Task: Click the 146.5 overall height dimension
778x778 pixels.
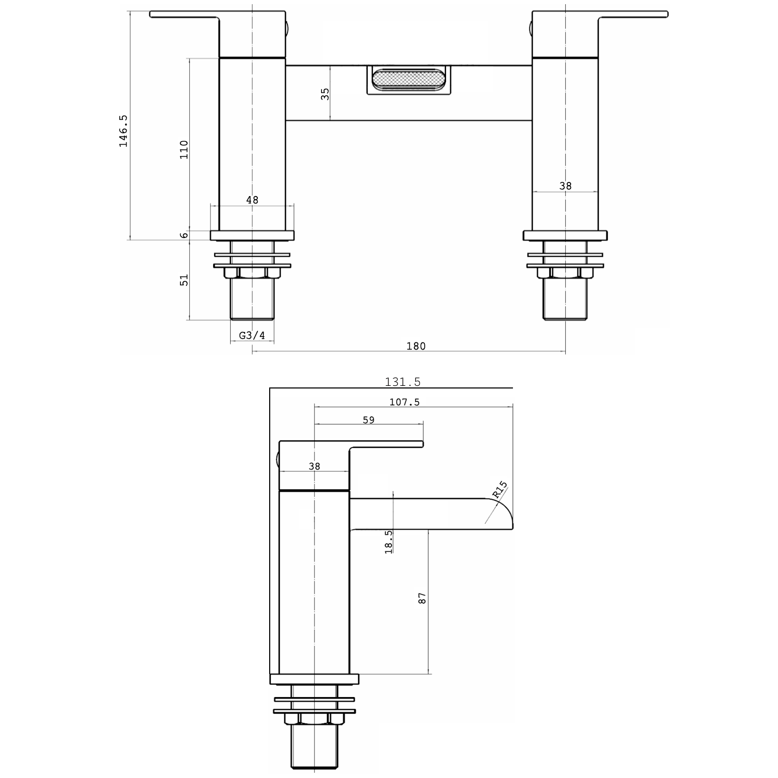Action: point(123,131)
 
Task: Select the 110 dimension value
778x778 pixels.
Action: point(184,149)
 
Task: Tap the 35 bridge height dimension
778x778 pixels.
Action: point(325,94)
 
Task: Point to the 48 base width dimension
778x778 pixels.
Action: point(252,200)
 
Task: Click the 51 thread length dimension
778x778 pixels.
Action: point(184,280)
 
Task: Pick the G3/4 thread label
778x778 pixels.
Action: point(252,336)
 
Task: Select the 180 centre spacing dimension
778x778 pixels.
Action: point(415,346)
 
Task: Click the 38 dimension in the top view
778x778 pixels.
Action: point(565,186)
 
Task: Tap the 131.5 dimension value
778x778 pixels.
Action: point(402,382)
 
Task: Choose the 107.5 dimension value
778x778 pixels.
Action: point(404,402)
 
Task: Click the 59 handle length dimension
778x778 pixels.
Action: point(368,420)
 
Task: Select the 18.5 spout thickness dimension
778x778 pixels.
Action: point(388,541)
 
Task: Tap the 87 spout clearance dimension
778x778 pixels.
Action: point(422,598)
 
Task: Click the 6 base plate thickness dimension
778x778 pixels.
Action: point(184,235)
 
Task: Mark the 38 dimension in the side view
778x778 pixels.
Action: point(314,466)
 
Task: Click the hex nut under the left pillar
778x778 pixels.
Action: point(252,272)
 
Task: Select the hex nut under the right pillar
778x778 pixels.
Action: point(565,272)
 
